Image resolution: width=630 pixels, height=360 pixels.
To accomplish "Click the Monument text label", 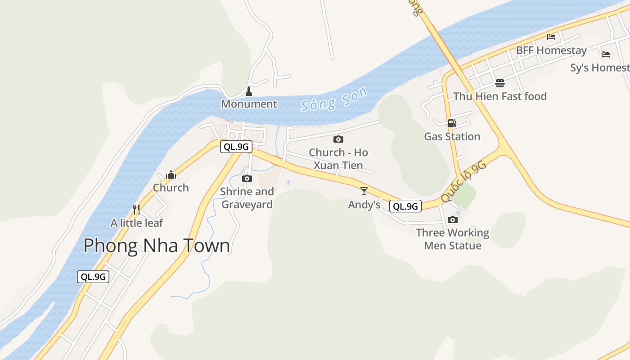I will [x=249, y=104].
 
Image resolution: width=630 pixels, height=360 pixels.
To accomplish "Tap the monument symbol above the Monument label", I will [x=248, y=91].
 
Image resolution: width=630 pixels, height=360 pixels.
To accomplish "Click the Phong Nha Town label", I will [x=157, y=246].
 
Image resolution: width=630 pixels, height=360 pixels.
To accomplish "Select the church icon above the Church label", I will [x=171, y=175].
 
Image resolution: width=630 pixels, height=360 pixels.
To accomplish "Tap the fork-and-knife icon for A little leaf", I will [x=136, y=210].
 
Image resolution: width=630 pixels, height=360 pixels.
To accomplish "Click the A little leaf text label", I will [x=137, y=223].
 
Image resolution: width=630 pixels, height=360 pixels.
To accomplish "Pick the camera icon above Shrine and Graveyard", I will [x=247, y=178].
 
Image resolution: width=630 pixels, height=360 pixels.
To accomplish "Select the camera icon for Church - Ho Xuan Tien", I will [x=338, y=139].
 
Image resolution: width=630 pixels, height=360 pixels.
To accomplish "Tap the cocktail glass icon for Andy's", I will [x=364, y=191].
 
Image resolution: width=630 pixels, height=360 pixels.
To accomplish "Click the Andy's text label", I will [x=364, y=205].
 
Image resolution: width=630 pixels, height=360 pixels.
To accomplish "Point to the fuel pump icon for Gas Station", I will [x=452, y=123].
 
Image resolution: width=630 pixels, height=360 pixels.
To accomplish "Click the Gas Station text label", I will [x=452, y=136].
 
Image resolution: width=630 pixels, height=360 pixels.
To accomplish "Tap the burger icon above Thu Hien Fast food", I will [x=499, y=83].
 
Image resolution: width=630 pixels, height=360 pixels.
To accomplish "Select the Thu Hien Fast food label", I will [x=500, y=96].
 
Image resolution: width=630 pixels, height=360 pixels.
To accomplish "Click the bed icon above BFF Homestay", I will [x=551, y=37].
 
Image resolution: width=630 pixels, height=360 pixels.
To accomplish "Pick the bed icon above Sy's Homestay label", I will [x=606, y=54].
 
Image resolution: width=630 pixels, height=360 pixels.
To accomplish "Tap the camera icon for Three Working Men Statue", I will [x=453, y=220].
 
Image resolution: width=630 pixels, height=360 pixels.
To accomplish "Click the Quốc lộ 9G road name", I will [x=463, y=182].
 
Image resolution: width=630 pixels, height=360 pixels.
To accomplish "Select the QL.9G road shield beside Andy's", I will [x=405, y=206].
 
